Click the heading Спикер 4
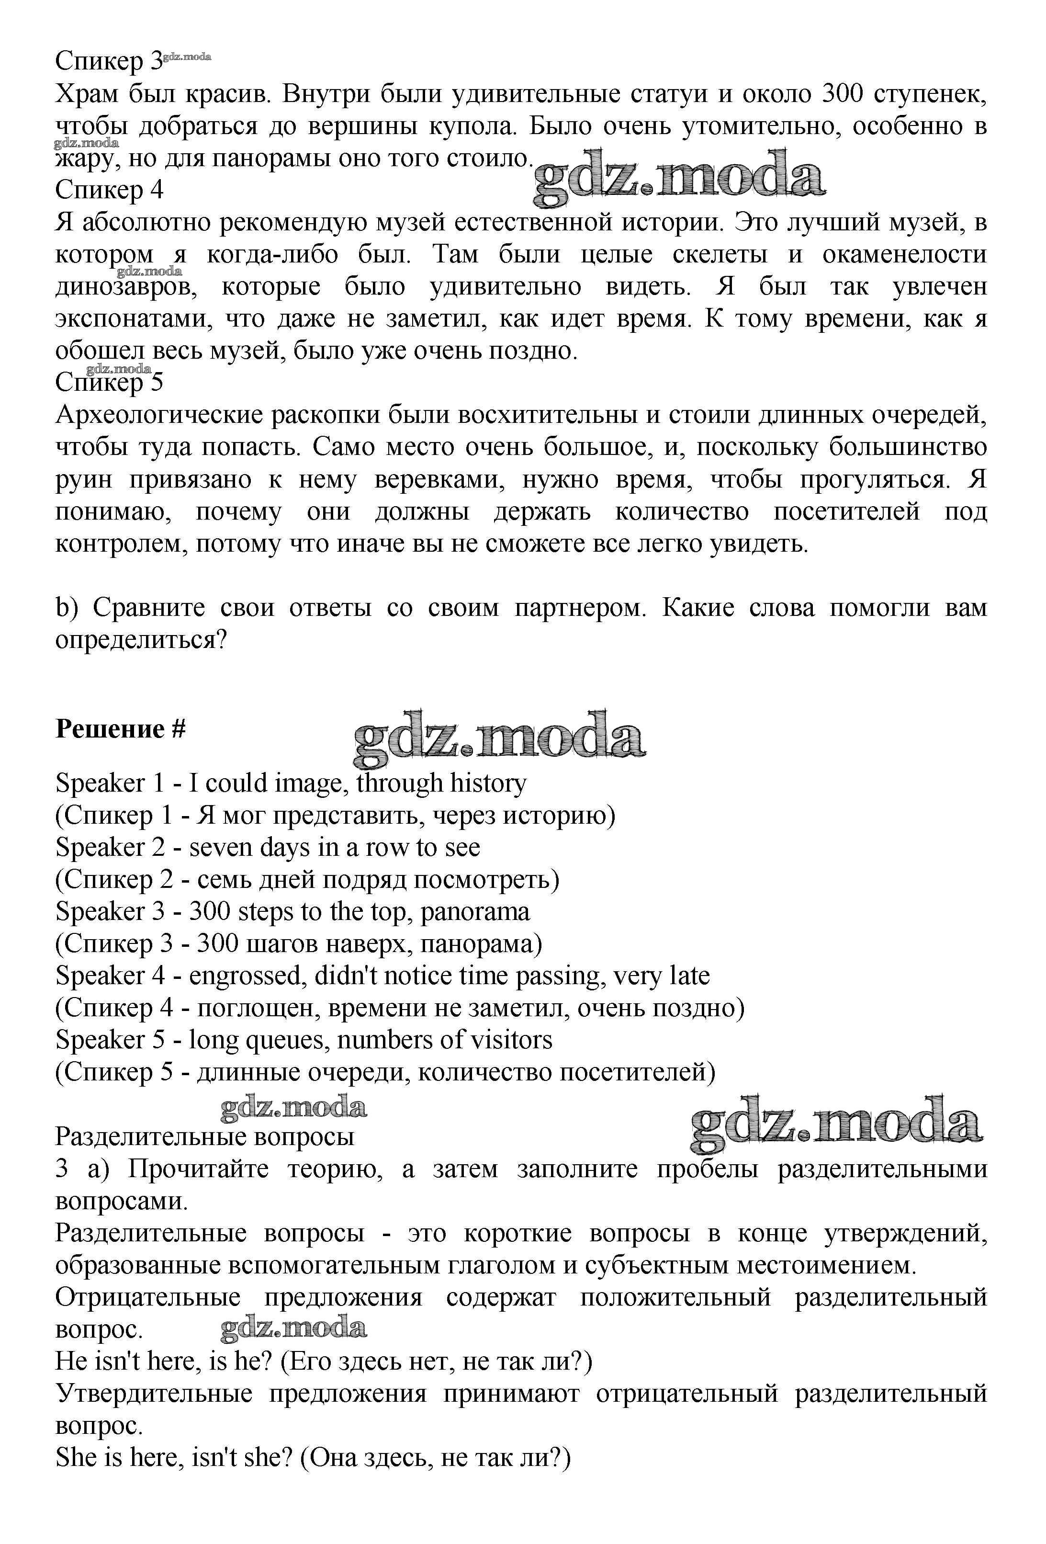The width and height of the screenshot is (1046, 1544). [109, 191]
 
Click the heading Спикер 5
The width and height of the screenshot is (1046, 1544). [109, 383]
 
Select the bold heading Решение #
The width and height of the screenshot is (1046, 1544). [120, 729]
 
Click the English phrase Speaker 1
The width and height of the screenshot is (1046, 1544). [109, 783]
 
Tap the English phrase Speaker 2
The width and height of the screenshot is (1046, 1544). [109, 848]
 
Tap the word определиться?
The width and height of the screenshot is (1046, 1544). [142, 640]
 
